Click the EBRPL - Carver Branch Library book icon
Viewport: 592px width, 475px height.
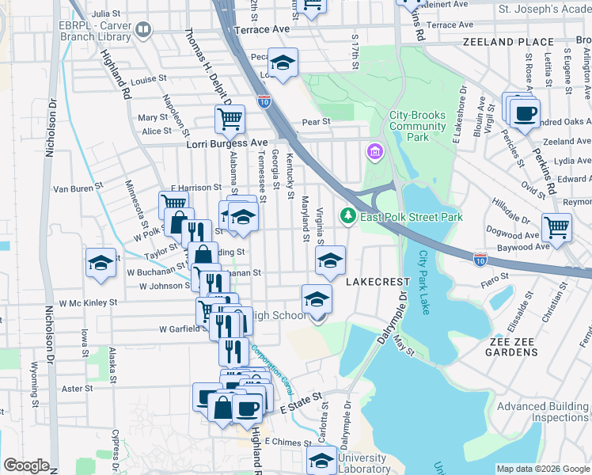click(143, 31)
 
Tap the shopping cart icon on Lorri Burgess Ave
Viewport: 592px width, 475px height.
click(230, 119)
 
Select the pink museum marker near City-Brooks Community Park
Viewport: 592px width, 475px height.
click(374, 151)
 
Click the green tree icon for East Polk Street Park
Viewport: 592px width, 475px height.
click(347, 215)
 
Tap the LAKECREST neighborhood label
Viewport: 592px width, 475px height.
click(377, 281)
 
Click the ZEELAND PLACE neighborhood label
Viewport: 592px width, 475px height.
click(508, 42)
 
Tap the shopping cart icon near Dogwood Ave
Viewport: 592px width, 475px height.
click(557, 226)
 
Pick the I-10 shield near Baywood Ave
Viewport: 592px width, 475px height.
click(480, 259)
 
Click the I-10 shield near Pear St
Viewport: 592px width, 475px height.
click(264, 101)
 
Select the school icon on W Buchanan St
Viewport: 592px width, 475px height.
click(101, 263)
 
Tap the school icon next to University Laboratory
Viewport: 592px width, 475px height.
click(321, 459)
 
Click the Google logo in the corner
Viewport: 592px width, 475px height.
click(26, 465)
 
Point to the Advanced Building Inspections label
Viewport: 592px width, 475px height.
click(542, 412)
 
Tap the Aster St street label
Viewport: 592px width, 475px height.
click(78, 389)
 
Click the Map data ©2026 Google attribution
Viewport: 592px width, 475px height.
click(542, 469)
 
